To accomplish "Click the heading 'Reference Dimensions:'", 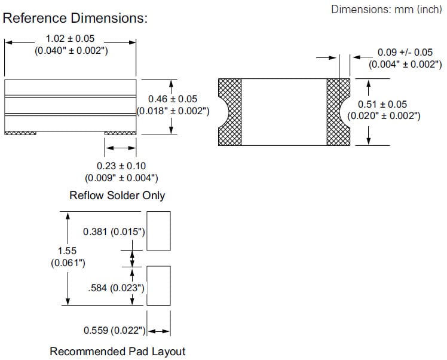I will pos(75,19).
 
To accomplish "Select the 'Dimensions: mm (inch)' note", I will pos(386,10).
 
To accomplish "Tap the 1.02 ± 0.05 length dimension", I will pos(70,38).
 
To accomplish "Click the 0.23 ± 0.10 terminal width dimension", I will pos(121,166).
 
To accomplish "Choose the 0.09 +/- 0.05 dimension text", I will pos(405,53).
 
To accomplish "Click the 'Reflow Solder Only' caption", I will pos(117,196).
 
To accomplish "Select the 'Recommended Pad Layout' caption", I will pos(117,351).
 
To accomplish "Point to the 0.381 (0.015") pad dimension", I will pos(115,231).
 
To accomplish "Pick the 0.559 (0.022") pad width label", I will pos(115,331).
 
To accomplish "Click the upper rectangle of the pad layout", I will pos(158,230).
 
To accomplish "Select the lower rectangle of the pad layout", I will pos(158,286).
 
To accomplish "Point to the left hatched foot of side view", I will pos(20,133).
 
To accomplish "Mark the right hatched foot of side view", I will pos(121,133).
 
